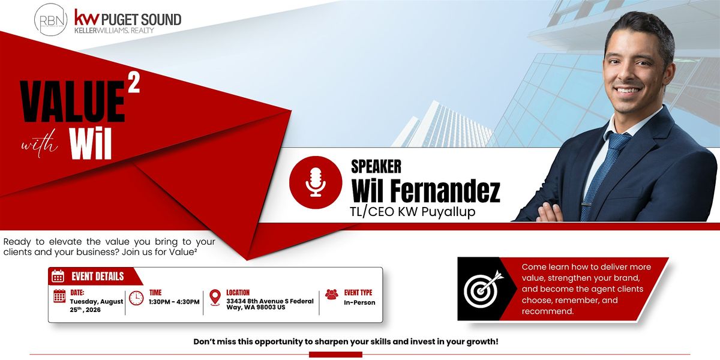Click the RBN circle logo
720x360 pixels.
pyautogui.click(x=51, y=20)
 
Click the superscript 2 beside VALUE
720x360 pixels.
pyautogui.click(x=134, y=82)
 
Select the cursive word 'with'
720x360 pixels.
pyautogui.click(x=40, y=143)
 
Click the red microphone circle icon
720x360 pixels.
pyautogui.click(x=316, y=182)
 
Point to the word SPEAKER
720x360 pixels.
pyautogui.click(x=376, y=167)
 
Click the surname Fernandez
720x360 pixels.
pyautogui.click(x=445, y=190)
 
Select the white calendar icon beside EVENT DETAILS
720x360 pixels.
pyautogui.click(x=58, y=276)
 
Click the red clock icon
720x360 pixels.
pyautogui.click(x=136, y=298)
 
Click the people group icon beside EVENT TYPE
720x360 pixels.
pyautogui.click(x=332, y=294)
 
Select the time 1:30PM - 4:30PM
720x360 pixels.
pyautogui.click(x=174, y=302)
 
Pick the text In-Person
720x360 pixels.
pyautogui.click(x=359, y=302)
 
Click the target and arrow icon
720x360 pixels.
pyautogui.click(x=484, y=289)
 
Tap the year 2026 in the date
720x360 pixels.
pyautogui.click(x=93, y=310)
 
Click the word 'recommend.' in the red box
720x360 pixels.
pyautogui.click(x=547, y=311)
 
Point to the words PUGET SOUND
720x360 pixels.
pyautogui.click(x=141, y=20)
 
